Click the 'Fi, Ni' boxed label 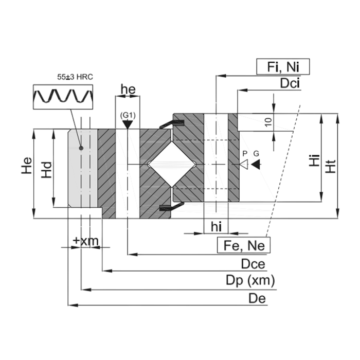point(282,66)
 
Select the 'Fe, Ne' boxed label point(244,245)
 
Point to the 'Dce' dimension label point(253,264)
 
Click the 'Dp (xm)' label point(250,281)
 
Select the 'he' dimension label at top point(128,89)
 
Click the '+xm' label point(85,240)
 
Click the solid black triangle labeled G point(256,164)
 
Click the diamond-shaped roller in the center point(172,164)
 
